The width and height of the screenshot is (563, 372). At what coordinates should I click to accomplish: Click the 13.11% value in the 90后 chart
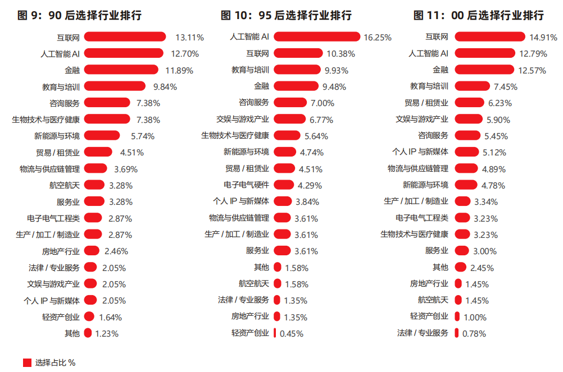click(x=189, y=38)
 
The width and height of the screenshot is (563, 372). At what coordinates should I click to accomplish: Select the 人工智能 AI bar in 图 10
click(x=316, y=36)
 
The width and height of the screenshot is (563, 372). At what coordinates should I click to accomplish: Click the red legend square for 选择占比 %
click(x=27, y=362)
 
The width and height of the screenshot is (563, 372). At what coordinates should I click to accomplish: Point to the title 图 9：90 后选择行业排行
click(x=79, y=15)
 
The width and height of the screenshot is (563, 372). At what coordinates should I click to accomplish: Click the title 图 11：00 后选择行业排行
click(x=478, y=15)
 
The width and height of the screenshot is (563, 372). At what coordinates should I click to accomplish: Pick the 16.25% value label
click(x=378, y=38)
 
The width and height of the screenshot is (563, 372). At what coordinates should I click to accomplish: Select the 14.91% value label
click(x=543, y=38)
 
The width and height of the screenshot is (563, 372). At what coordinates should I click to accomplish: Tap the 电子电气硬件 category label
click(x=246, y=185)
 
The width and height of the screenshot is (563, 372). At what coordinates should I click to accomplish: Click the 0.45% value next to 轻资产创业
click(x=291, y=333)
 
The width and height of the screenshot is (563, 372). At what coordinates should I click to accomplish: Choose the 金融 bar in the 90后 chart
click(x=121, y=70)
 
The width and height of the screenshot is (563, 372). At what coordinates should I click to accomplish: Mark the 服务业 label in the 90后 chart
click(x=68, y=201)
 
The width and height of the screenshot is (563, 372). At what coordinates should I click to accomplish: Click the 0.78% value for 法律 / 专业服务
click(x=474, y=333)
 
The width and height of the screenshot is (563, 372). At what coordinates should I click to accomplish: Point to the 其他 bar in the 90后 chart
click(x=88, y=333)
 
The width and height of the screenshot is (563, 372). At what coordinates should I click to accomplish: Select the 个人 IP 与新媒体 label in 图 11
click(x=420, y=151)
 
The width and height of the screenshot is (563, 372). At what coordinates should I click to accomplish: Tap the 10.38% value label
click(x=340, y=54)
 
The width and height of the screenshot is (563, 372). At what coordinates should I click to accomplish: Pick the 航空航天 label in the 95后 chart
click(x=254, y=283)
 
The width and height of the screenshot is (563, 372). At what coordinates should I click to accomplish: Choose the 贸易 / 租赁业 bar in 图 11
click(x=469, y=103)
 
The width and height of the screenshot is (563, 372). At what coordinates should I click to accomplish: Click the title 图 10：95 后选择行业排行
click(x=286, y=15)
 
